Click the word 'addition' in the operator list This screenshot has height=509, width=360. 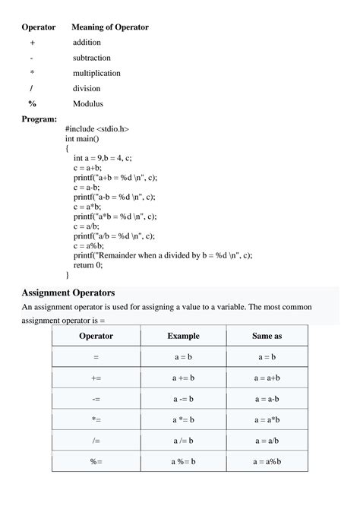[x=87, y=43]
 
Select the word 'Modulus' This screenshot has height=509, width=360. [x=88, y=103]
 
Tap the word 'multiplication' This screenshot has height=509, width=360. [x=96, y=73]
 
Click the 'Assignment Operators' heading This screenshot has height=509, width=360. [x=68, y=292]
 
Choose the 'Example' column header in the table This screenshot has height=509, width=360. [x=183, y=336]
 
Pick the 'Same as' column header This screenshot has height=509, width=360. [x=267, y=336]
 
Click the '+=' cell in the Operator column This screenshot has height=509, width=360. [x=96, y=378]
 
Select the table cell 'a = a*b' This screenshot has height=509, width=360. [x=267, y=419]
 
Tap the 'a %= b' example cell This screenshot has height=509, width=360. [x=183, y=461]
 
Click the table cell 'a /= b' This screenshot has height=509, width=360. [x=183, y=440]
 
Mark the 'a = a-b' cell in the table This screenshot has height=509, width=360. [x=267, y=398]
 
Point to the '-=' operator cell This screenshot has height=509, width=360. [x=96, y=398]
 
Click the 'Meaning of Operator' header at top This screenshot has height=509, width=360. [x=110, y=27]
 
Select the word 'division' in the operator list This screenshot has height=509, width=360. [x=87, y=88]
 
